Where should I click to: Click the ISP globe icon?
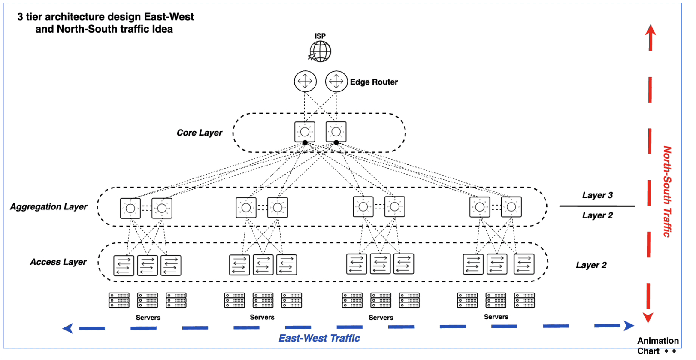pyautogui.click(x=321, y=51)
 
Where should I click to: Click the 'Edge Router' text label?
pyautogui.click(x=373, y=82)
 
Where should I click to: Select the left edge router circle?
pyautogui.click(x=305, y=81)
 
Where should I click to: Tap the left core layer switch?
pyautogui.click(x=305, y=132)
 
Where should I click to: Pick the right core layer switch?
pyautogui.click(x=336, y=132)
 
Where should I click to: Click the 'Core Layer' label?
pyautogui.click(x=200, y=133)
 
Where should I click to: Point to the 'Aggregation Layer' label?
pyautogui.click(x=48, y=207)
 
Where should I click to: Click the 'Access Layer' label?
pyautogui.click(x=58, y=262)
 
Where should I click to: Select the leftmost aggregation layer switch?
pyautogui.click(x=130, y=209)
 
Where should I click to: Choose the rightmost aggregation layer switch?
pyautogui.click(x=511, y=207)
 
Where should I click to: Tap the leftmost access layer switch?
pyautogui.click(x=124, y=265)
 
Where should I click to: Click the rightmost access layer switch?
pyautogui.click(x=524, y=264)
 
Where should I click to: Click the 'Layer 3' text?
pyautogui.click(x=597, y=195)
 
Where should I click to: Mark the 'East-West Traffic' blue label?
pyautogui.click(x=319, y=339)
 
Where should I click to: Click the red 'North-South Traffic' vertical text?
pyautogui.click(x=667, y=191)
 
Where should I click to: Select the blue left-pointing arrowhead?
pyautogui.click(x=68, y=329)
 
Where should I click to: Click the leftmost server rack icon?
pyautogui.click(x=119, y=300)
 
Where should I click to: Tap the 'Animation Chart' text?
pyautogui.click(x=657, y=346)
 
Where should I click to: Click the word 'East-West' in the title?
pyautogui.click(x=169, y=17)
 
